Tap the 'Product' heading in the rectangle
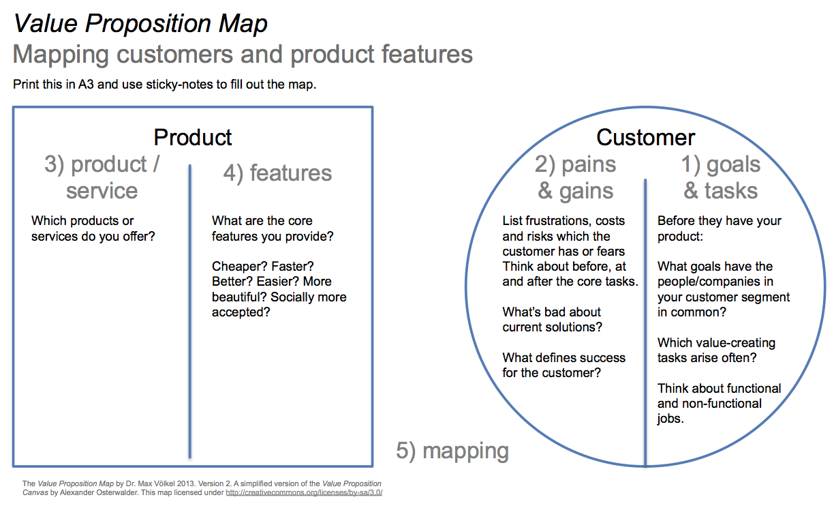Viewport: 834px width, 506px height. pos(193,138)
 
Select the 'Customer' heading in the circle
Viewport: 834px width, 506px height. pos(646,138)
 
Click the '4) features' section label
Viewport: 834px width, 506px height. pos(277,173)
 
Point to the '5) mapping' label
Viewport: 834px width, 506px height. pos(452,451)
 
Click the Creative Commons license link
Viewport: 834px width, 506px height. pos(304,492)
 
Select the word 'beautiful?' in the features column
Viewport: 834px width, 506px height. pos(239,297)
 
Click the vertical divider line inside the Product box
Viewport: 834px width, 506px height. pos(190,311)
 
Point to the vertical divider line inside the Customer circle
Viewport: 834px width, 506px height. pos(645,323)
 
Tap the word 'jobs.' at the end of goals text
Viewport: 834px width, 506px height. pos(670,419)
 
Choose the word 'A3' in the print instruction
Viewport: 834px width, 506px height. pos(86,85)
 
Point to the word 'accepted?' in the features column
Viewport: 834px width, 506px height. pos(241,312)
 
